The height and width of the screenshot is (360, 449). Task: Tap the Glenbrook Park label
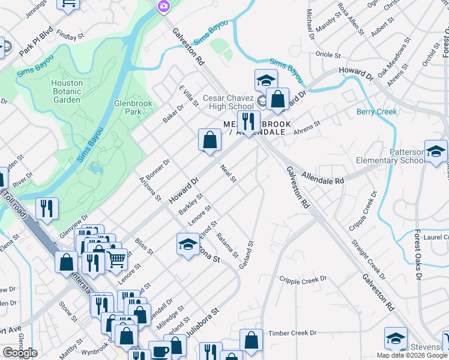[133, 107]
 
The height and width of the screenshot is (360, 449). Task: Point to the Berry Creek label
[377, 112]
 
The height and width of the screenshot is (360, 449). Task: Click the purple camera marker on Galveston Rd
[163, 6]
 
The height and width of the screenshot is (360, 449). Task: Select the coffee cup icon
[160, 352]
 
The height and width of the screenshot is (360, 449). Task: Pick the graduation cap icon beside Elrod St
[188, 244]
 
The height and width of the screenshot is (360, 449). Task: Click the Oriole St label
[328, 55]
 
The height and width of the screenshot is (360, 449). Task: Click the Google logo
[20, 352]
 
